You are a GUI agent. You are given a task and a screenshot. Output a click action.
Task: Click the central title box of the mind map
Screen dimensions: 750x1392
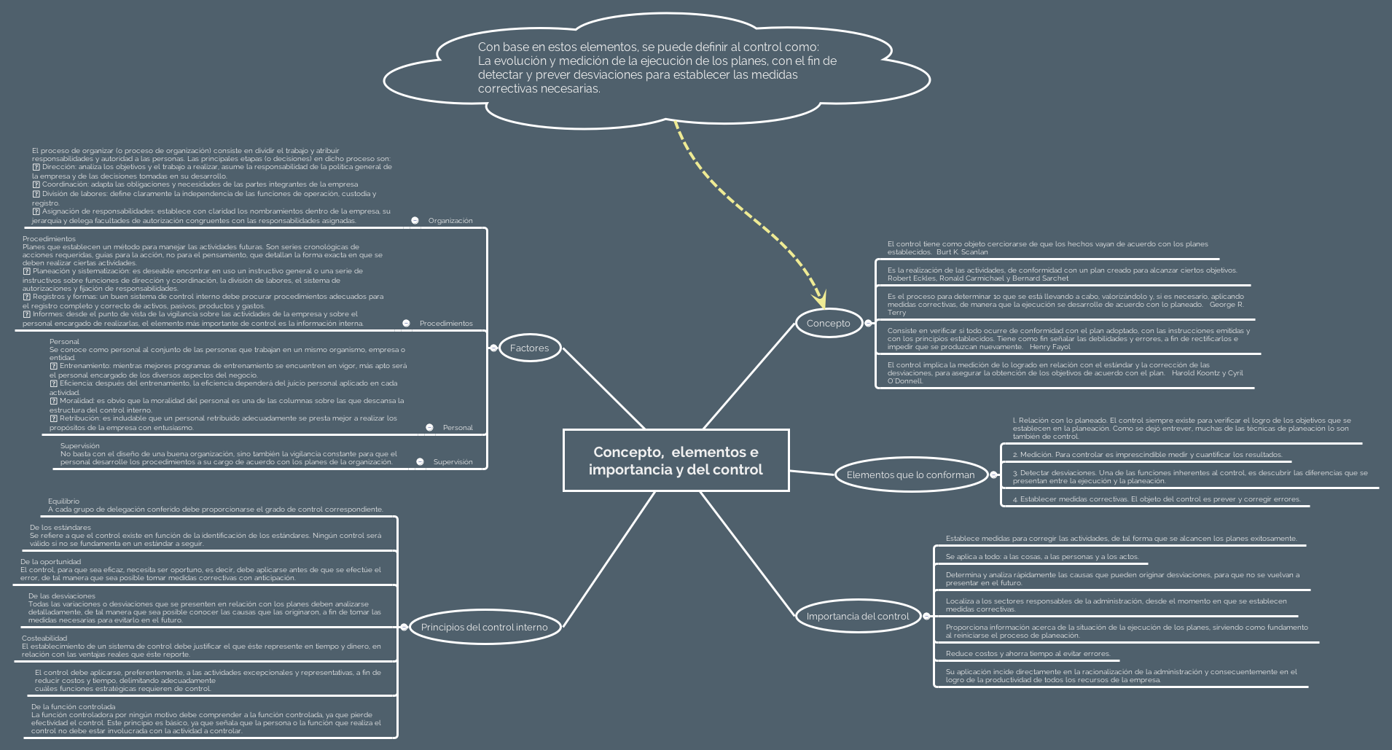(x=676, y=460)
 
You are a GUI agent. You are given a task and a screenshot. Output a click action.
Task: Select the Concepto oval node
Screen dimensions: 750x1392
(x=828, y=323)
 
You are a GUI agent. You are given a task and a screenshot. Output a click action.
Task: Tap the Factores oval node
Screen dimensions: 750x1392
(x=529, y=348)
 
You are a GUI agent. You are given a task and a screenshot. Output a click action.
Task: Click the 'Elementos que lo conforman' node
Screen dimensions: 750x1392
(x=910, y=474)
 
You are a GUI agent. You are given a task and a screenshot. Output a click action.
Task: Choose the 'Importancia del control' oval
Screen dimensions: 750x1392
(x=857, y=616)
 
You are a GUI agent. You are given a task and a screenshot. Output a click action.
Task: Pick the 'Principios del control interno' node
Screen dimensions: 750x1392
(x=484, y=627)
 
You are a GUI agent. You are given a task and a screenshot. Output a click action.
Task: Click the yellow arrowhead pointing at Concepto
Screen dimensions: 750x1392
(x=820, y=298)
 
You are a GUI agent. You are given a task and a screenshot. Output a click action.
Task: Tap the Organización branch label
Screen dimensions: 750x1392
(x=450, y=220)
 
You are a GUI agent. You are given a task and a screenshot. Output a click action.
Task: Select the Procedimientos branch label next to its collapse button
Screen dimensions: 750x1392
(x=445, y=323)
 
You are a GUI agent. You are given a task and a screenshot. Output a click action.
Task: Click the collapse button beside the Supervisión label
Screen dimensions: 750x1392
(x=420, y=461)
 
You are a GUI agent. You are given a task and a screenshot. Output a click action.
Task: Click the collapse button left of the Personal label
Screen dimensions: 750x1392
(x=429, y=427)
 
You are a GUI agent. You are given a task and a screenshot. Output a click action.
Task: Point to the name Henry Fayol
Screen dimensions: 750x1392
(x=1049, y=347)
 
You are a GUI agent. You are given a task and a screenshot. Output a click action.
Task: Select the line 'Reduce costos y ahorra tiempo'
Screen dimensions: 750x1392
(x=1028, y=653)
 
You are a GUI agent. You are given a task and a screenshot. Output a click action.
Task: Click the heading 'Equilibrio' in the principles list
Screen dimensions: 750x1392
(x=63, y=501)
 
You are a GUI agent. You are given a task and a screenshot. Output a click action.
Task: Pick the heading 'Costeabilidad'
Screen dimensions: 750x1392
(x=44, y=638)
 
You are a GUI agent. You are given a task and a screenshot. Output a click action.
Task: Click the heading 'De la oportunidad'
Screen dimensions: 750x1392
(x=50, y=561)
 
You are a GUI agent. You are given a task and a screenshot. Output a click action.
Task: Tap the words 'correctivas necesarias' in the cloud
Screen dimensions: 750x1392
(x=539, y=88)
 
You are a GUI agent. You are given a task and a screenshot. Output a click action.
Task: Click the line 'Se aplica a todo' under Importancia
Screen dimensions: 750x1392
(x=1041, y=556)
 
